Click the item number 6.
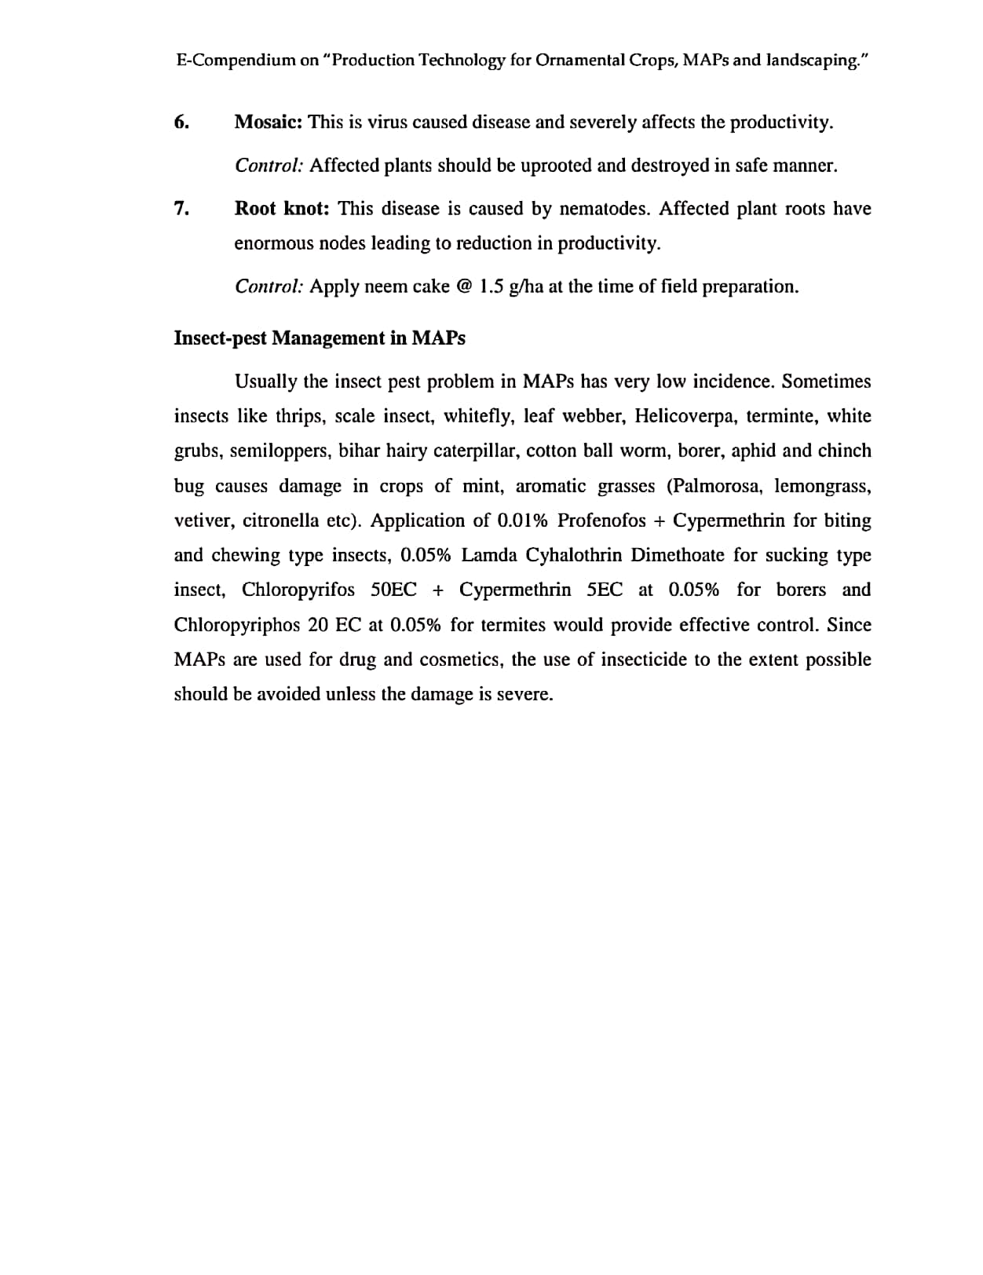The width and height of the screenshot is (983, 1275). [181, 122]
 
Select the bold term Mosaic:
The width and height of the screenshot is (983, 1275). [269, 122]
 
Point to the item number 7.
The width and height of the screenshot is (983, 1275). [181, 209]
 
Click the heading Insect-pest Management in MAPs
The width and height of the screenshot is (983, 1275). [320, 338]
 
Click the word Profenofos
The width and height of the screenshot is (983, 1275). [601, 521]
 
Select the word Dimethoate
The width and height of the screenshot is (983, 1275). [678, 555]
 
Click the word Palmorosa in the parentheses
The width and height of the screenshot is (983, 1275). [714, 486]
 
